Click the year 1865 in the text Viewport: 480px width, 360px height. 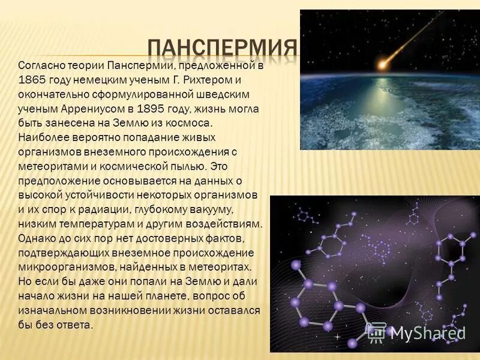click(x=31, y=80)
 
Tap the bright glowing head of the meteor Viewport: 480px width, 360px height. click(x=382, y=62)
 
